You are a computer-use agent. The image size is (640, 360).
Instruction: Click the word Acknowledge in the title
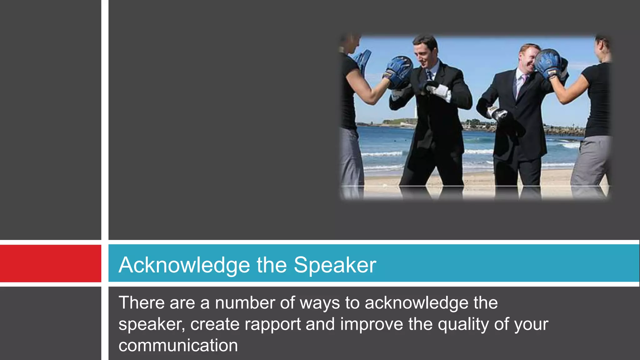[x=184, y=265]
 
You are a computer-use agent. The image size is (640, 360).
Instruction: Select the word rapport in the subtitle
[x=272, y=324]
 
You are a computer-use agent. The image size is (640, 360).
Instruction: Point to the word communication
[x=178, y=345]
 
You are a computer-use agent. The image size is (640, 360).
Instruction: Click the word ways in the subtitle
[x=320, y=303]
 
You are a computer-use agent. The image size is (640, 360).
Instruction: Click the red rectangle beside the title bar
[x=50, y=263]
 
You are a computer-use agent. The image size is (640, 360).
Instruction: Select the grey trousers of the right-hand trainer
[x=591, y=162]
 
